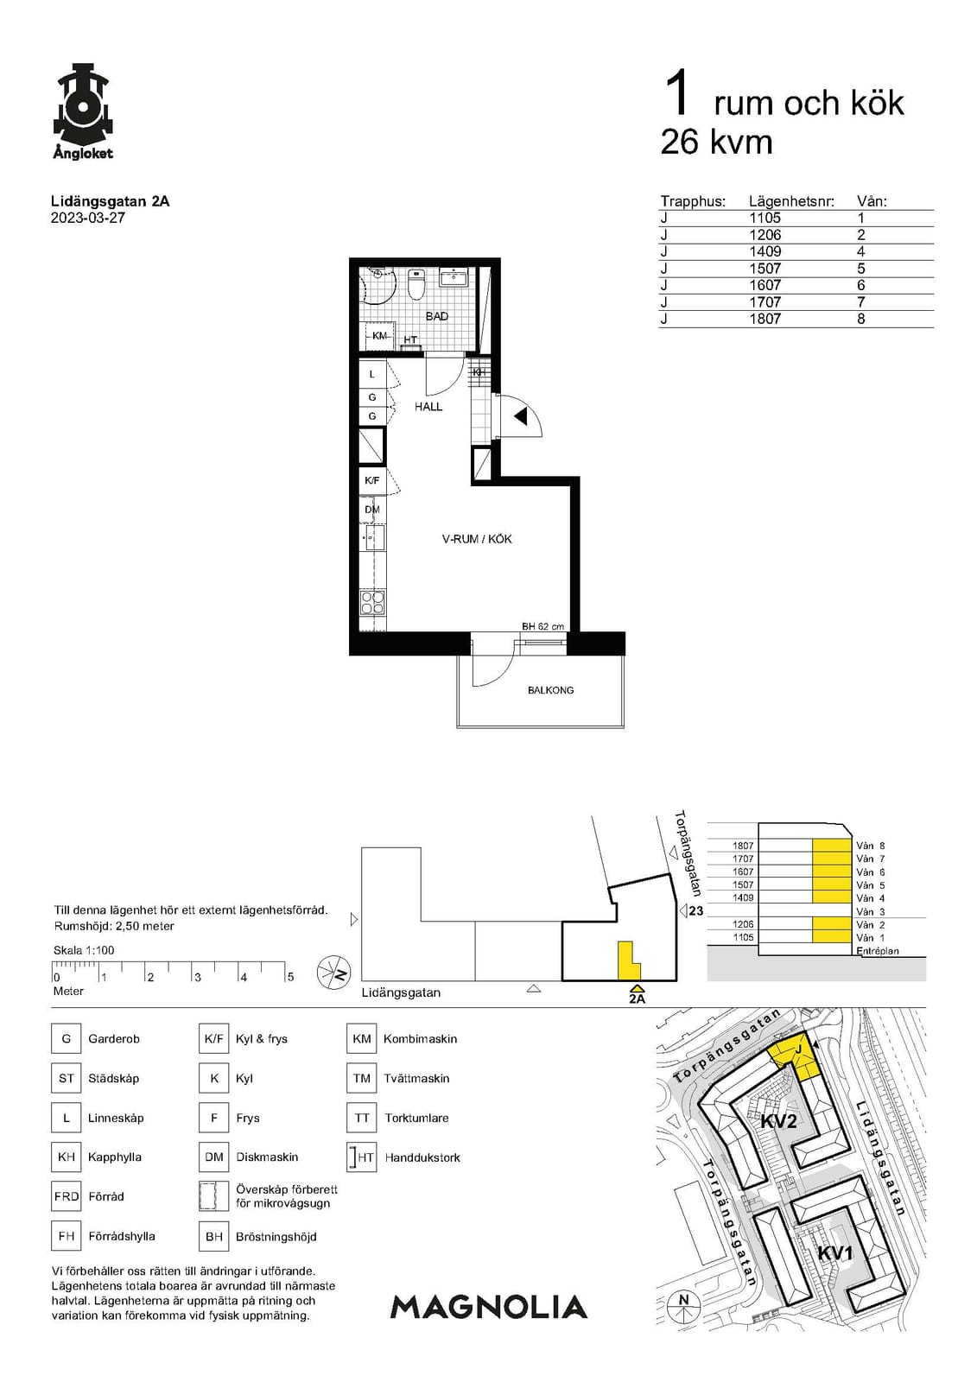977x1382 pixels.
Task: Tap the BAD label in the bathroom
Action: pyautogui.click(x=437, y=316)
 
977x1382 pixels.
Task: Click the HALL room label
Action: pyautogui.click(x=428, y=407)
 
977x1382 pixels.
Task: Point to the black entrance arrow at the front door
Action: pyautogui.click(x=520, y=417)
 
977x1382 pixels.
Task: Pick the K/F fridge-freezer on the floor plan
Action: pyautogui.click(x=372, y=480)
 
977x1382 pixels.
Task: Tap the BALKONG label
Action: pyautogui.click(x=550, y=690)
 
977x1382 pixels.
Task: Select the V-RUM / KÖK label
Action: pyautogui.click(x=477, y=539)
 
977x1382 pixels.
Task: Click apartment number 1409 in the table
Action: pyautogui.click(x=764, y=251)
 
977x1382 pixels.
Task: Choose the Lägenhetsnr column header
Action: pyautogui.click(x=792, y=201)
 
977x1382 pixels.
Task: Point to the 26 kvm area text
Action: pyautogui.click(x=716, y=142)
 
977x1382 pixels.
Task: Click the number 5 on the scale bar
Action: pyautogui.click(x=290, y=977)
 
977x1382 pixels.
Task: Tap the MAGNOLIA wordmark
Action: pyautogui.click(x=489, y=1307)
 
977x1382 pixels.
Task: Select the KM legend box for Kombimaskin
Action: pyautogui.click(x=362, y=1038)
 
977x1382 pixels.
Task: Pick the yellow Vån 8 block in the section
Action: pyautogui.click(x=831, y=846)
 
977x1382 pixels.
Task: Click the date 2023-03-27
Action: pyautogui.click(x=87, y=219)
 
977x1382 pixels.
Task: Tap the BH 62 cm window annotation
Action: pyautogui.click(x=542, y=626)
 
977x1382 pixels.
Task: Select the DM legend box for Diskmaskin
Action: pyautogui.click(x=213, y=1157)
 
